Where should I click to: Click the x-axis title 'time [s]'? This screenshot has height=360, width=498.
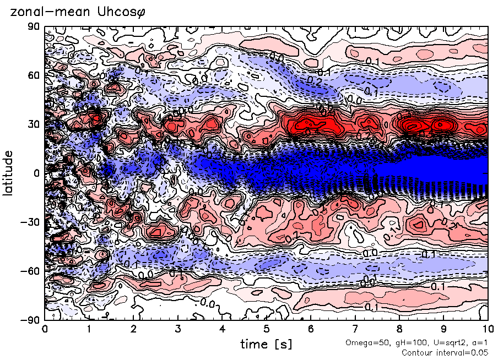(x=266, y=345)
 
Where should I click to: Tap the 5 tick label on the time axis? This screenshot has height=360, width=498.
(x=267, y=330)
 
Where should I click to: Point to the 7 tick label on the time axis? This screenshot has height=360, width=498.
(x=355, y=330)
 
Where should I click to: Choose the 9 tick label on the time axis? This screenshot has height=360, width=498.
(x=444, y=330)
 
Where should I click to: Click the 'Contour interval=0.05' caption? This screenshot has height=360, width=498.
(x=445, y=352)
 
